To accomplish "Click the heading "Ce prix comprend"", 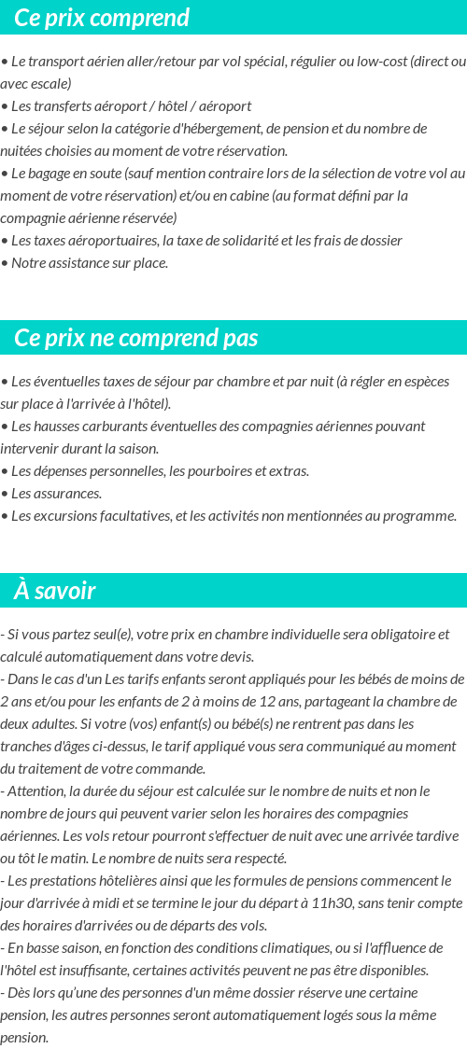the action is [x=102, y=18].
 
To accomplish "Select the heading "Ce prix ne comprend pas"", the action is [x=136, y=338].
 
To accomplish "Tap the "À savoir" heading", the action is [x=55, y=591].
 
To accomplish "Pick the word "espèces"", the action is [x=425, y=382].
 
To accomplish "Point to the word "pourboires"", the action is [x=214, y=471].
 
